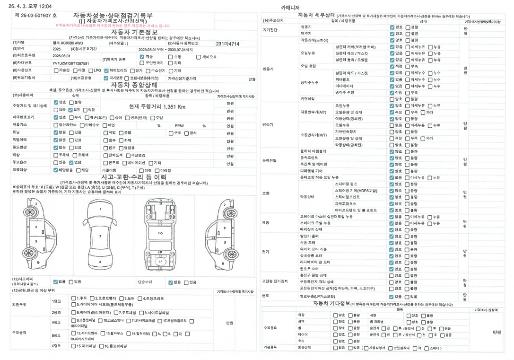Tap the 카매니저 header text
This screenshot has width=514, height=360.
tap(290, 8)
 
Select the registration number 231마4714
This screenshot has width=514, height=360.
tap(227, 44)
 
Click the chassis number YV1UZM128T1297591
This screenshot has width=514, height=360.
tap(70, 63)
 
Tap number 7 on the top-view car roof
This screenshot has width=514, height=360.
tap(100, 236)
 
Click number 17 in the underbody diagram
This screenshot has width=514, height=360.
tap(160, 261)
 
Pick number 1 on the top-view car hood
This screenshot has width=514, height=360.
tap(100, 208)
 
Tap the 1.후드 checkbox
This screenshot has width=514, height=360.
tap(74, 299)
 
